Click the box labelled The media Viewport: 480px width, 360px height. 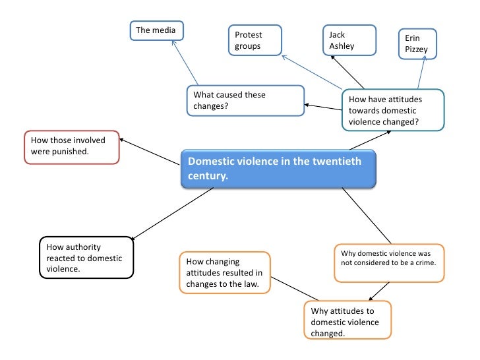156,30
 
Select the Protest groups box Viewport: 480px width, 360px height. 255,40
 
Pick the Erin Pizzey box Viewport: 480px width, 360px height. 418,44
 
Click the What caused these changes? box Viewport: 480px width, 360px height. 245,100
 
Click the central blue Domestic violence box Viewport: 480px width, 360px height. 279,169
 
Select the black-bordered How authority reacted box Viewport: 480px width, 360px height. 84,258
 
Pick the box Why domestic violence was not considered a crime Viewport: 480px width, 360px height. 389,263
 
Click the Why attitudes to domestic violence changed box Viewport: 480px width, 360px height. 347,321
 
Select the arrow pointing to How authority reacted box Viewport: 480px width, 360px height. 173,213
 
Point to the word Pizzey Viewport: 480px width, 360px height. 417,49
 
